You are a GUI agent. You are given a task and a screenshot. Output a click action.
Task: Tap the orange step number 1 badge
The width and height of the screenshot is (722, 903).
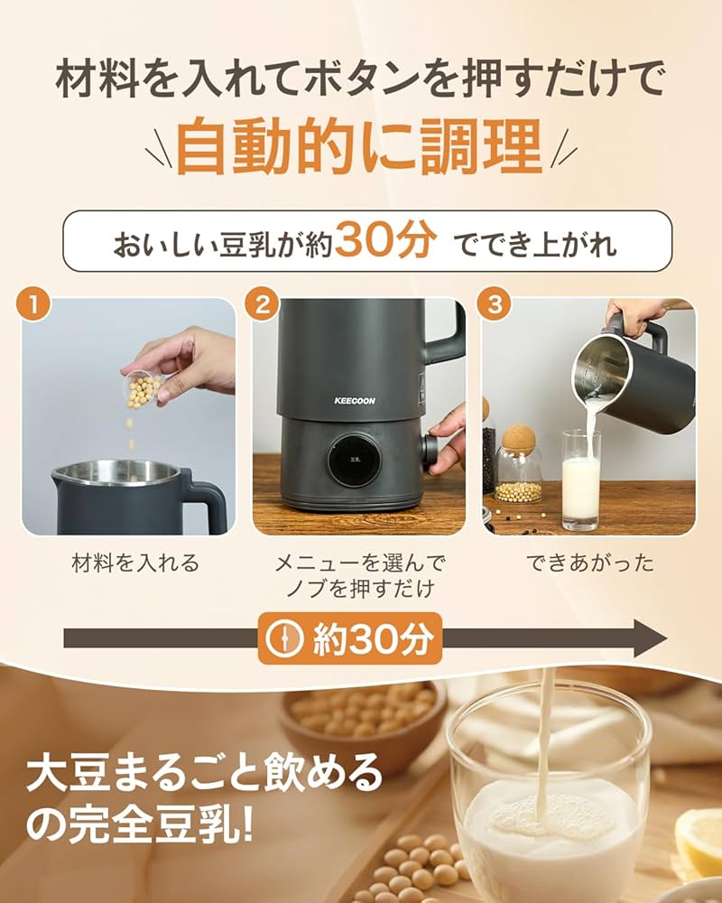[33, 304]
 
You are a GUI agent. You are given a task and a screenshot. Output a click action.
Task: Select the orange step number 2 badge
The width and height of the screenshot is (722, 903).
[264, 304]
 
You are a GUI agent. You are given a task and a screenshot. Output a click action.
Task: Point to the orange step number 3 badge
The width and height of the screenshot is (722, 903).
[494, 304]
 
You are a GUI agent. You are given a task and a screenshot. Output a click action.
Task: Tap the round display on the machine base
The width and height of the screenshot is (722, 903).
[353, 465]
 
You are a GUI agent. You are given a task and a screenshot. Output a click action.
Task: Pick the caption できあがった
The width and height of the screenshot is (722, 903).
[590, 563]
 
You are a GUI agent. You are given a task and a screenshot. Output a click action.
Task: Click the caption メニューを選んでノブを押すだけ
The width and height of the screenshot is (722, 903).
[360, 576]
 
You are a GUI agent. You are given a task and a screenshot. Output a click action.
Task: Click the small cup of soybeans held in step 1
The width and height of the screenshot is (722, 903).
[143, 388]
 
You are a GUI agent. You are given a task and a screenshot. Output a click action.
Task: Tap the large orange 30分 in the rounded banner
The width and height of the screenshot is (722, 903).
[386, 242]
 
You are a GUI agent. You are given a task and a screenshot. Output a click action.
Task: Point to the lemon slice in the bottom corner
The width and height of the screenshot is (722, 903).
[699, 840]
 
